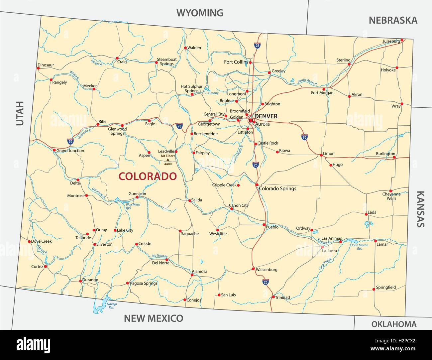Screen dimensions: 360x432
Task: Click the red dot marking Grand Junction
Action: pos(54,150)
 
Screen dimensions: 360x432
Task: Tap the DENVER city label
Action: pos(266,116)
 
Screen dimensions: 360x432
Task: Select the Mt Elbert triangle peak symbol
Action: pos(167,160)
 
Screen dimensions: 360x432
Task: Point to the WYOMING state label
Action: pos(200,13)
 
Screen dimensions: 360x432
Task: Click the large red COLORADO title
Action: pos(148,176)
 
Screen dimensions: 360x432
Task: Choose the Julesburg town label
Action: pos(391,41)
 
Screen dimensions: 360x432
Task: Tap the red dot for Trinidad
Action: pos(273,297)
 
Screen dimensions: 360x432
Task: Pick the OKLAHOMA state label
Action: pos(394,324)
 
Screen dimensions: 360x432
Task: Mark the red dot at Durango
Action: pos(80,281)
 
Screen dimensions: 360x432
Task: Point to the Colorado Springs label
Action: pos(277,188)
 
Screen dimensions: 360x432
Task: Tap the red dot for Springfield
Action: pos(374,289)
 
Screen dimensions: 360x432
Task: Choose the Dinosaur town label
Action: pos(46,65)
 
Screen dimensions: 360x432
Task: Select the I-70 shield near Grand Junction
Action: pos(70,141)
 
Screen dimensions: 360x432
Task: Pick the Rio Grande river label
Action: pos(159,256)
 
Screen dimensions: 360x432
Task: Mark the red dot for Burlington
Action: pos(394,157)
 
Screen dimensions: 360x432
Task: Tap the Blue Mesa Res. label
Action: pos(133,206)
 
